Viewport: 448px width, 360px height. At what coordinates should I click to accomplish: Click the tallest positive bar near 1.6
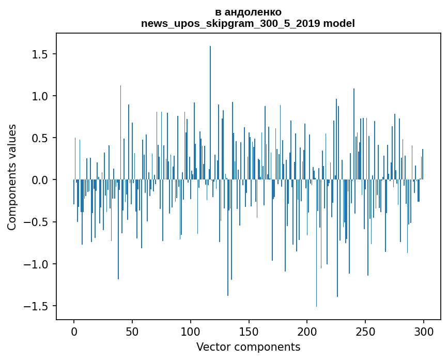coord(210,103)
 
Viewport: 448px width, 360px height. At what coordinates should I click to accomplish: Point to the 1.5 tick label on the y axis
coord(40,54)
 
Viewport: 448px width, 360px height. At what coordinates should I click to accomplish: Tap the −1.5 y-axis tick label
coord(37,306)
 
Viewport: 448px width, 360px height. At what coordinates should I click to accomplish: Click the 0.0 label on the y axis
coord(40,180)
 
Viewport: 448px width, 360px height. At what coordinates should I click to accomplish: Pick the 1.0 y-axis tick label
coord(40,96)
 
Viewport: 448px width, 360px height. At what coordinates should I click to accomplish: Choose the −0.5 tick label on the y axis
coord(37,222)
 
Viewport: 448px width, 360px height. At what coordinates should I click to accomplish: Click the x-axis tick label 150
coord(249,331)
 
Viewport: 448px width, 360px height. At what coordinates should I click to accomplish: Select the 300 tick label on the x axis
coord(424,331)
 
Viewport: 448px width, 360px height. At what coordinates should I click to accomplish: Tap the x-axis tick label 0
coord(74,331)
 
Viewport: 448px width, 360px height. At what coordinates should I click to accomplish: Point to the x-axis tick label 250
coord(365,331)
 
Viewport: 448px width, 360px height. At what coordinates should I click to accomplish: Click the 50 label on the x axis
coord(132,331)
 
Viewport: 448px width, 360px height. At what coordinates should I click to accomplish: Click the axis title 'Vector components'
coord(248,347)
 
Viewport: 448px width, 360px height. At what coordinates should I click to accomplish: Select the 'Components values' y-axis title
coord(12,177)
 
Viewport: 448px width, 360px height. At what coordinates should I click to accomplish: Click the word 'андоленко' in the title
coord(252,12)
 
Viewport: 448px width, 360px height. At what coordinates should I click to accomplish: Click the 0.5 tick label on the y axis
coord(40,138)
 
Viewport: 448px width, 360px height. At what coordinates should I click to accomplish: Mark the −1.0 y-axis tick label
coord(37,264)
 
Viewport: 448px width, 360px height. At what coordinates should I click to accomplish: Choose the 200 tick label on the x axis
coord(307,331)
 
